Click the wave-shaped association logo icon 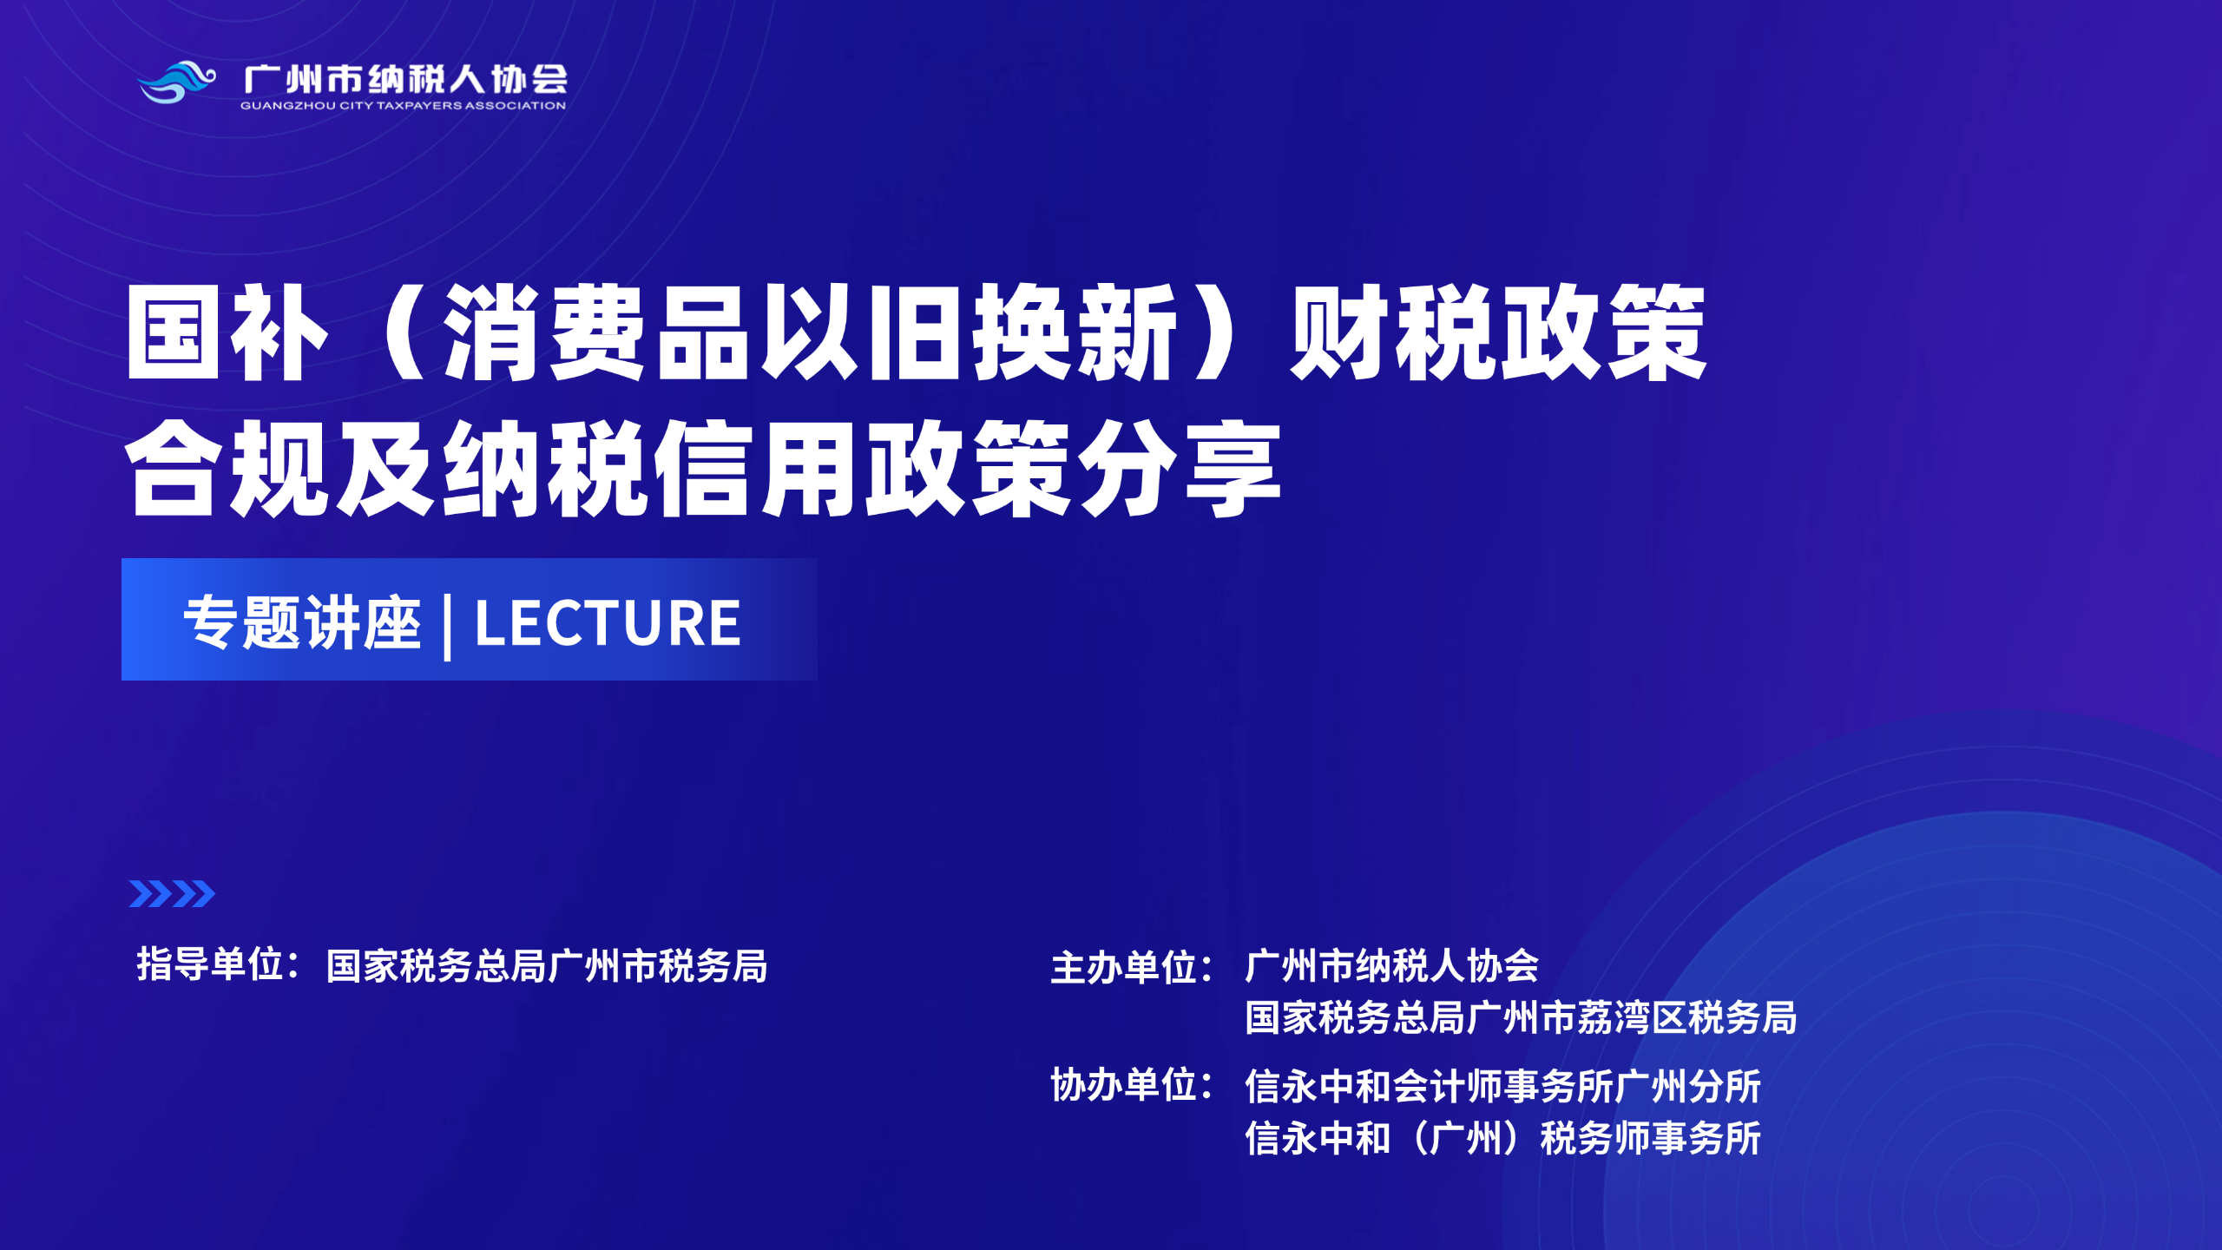[177, 82]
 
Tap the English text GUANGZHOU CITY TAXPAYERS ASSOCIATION [403, 106]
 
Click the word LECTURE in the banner [608, 623]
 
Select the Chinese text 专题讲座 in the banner [302, 622]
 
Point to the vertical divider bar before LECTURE [447, 626]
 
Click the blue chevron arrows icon [172, 893]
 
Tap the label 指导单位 [210, 964]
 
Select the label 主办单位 [1125, 968]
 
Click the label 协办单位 [1125, 1085]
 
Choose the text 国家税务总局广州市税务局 [547, 966]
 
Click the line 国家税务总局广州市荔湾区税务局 [1521, 1017]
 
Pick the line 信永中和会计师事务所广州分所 [1502, 1086]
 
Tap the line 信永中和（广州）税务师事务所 [1502, 1138]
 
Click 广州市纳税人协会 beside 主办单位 [1391, 966]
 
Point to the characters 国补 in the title [227, 333]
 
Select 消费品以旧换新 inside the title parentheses [809, 333]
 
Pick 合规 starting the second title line [227, 469]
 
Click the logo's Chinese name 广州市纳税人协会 [405, 79]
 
